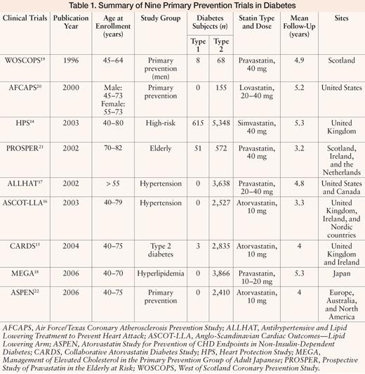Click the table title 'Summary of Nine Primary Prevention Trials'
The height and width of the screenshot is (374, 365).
point(182,8)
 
